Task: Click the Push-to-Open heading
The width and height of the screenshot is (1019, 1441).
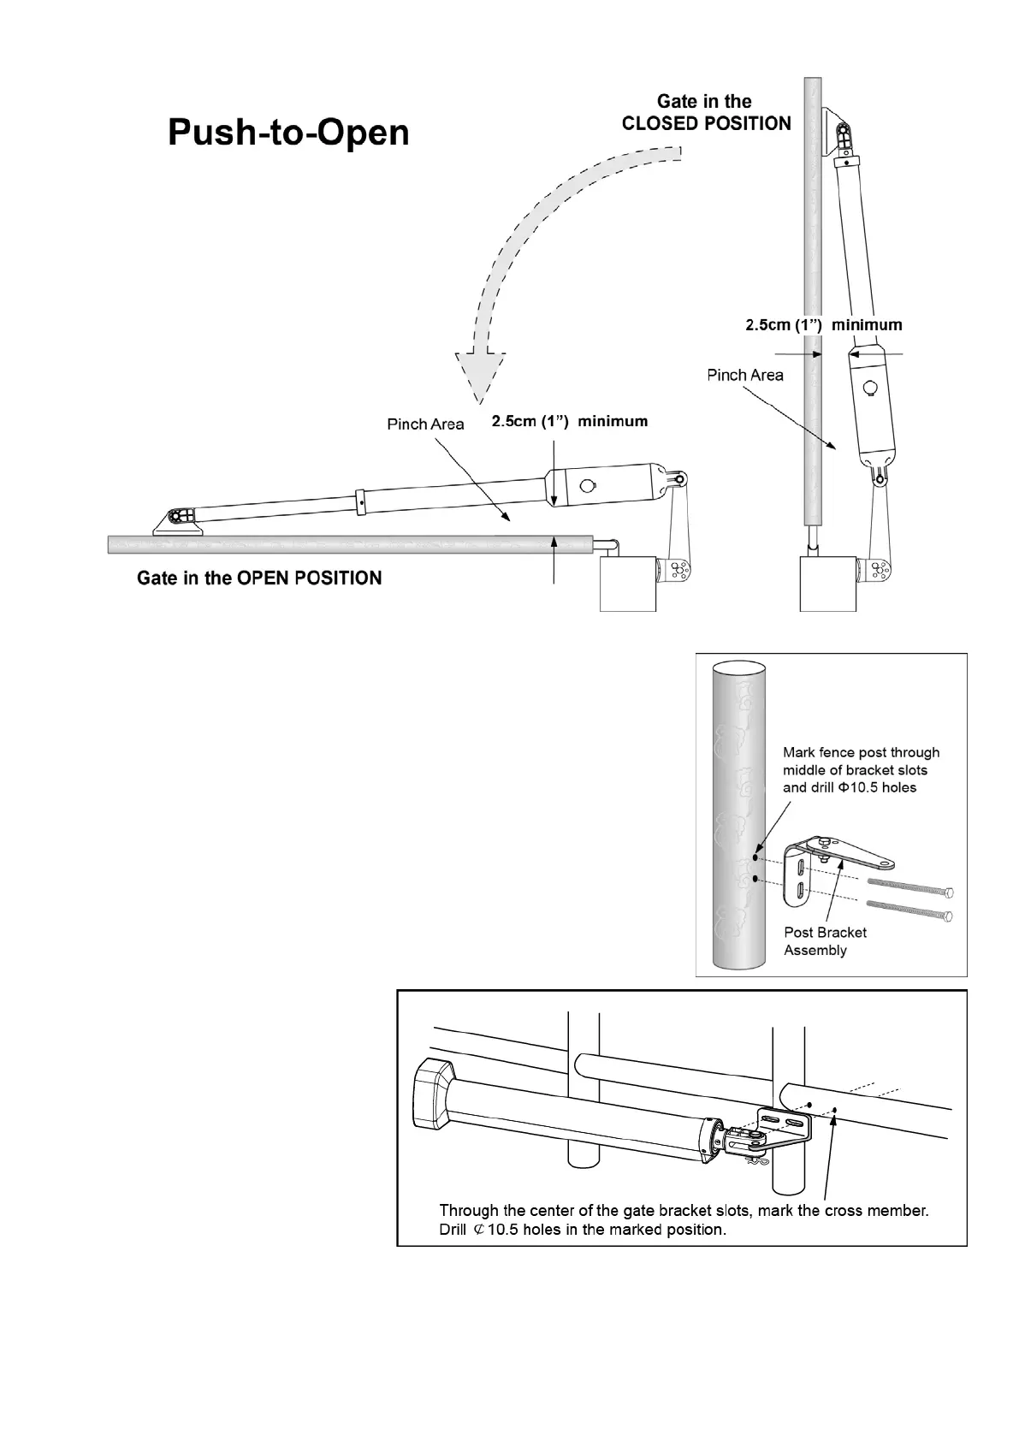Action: click(288, 133)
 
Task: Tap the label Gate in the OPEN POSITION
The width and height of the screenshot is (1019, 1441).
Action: click(259, 578)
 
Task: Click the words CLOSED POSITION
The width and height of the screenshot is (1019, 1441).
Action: click(706, 124)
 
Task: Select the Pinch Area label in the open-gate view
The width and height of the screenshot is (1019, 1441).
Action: click(425, 424)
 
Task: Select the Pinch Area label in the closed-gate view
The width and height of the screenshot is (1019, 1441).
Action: click(744, 375)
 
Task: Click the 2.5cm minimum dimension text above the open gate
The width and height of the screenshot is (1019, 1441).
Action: click(569, 421)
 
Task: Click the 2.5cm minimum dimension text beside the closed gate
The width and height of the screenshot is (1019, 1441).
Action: click(823, 325)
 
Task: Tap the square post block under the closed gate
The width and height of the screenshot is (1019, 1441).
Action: click(827, 584)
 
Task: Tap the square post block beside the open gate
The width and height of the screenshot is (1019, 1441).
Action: click(628, 584)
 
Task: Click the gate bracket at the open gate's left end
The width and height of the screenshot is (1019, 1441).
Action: click(178, 520)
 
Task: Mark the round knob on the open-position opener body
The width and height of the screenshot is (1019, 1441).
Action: click(588, 485)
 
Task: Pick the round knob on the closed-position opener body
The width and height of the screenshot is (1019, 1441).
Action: click(871, 387)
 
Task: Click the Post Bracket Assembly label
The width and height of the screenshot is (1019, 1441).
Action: click(825, 941)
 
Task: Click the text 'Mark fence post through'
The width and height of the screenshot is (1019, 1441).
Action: click(861, 753)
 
